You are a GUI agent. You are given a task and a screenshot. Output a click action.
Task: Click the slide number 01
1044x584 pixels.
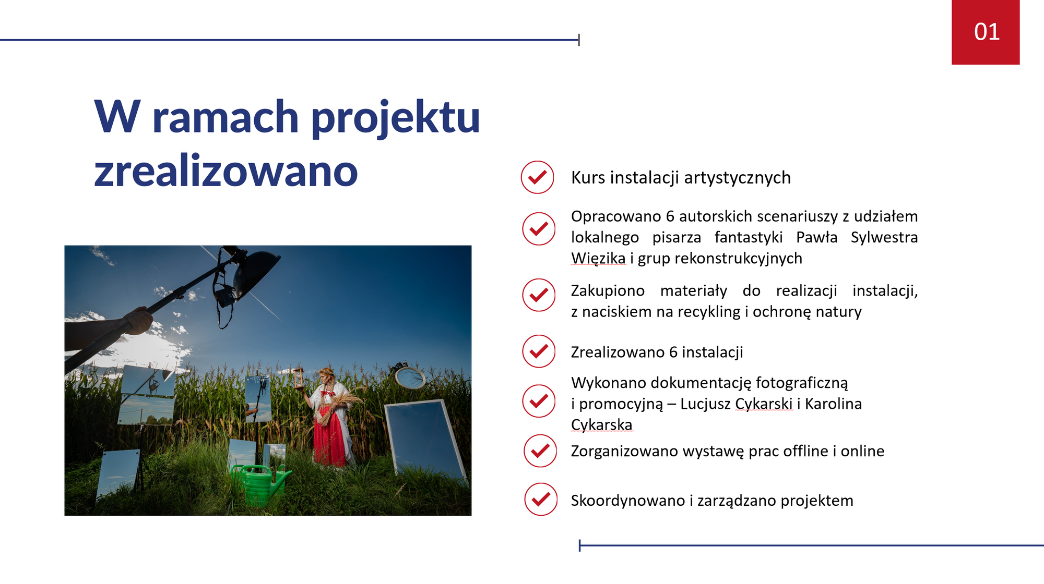click(987, 32)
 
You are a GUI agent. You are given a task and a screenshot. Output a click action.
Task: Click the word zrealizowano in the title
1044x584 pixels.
click(226, 171)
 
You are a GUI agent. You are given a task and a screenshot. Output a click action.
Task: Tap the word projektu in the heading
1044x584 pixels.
click(395, 118)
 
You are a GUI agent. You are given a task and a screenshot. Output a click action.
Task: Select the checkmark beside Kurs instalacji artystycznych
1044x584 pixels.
click(537, 177)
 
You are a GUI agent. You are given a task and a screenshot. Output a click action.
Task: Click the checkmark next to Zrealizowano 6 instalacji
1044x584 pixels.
click(539, 351)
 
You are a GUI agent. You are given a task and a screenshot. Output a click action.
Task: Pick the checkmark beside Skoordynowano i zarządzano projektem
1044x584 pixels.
click(541, 499)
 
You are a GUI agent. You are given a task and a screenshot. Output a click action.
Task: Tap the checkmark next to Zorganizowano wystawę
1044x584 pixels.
click(540, 451)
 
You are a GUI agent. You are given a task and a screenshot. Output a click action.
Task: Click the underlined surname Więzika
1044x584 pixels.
click(598, 258)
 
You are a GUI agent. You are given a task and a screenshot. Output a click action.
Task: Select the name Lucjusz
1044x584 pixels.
click(705, 404)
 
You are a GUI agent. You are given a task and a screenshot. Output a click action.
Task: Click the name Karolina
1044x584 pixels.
click(833, 404)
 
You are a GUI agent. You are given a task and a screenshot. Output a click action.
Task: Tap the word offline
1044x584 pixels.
click(806, 451)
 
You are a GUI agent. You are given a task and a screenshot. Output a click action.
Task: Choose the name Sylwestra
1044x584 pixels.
click(884, 237)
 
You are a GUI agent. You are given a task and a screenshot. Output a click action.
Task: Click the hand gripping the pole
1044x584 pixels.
click(137, 320)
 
